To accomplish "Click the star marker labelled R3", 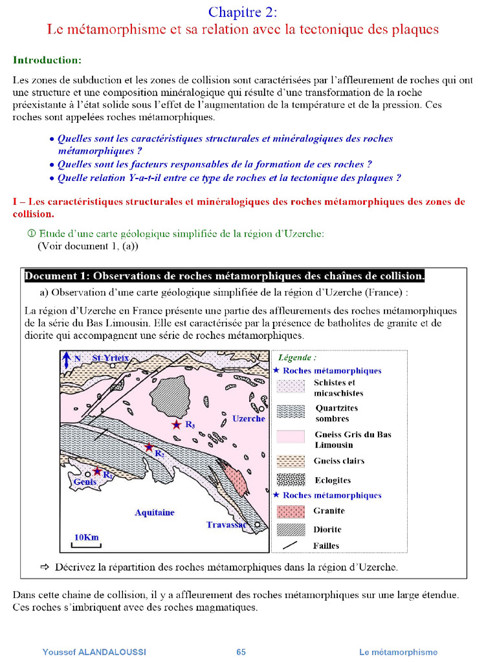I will tap(176, 425).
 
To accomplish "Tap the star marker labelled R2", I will tap(149, 447).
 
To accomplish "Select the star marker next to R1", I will tap(97, 471).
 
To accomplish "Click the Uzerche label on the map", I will tap(248, 419).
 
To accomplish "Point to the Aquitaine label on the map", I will tap(154, 513).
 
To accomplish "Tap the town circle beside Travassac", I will tap(258, 525).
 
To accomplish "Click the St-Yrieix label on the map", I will tap(111, 358).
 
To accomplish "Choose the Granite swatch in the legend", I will tap(291, 511).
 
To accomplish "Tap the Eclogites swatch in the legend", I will tap(291, 480).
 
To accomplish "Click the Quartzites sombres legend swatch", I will tap(291, 413).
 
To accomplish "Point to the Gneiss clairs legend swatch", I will tap(291, 461).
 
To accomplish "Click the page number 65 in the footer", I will tap(241, 652).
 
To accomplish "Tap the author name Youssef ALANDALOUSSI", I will tap(94, 652).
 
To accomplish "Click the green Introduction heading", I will tap(47, 60).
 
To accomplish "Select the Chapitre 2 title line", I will tap(243, 12).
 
